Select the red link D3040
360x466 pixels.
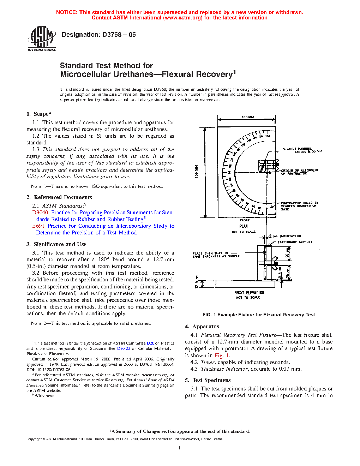(x=40, y=213)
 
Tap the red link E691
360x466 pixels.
(x=38, y=226)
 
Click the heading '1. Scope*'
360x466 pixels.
(x=39, y=114)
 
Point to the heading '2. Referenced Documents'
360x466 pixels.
(x=59, y=197)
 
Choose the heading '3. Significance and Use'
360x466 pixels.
(x=56, y=244)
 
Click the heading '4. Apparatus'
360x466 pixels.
(x=202, y=327)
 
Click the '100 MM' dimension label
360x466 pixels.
(x=248, y=117)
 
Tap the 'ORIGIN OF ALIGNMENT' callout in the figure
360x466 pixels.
(x=300, y=171)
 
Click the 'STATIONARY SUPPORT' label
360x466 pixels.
(x=295, y=242)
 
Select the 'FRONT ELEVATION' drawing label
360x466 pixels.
(x=249, y=293)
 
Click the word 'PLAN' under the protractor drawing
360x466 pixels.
(x=244, y=226)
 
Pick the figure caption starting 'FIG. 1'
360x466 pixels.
(x=258, y=315)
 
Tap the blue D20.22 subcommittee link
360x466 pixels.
(x=124, y=348)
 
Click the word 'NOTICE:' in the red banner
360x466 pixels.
(x=67, y=12)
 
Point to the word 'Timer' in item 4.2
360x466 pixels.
(x=208, y=362)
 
